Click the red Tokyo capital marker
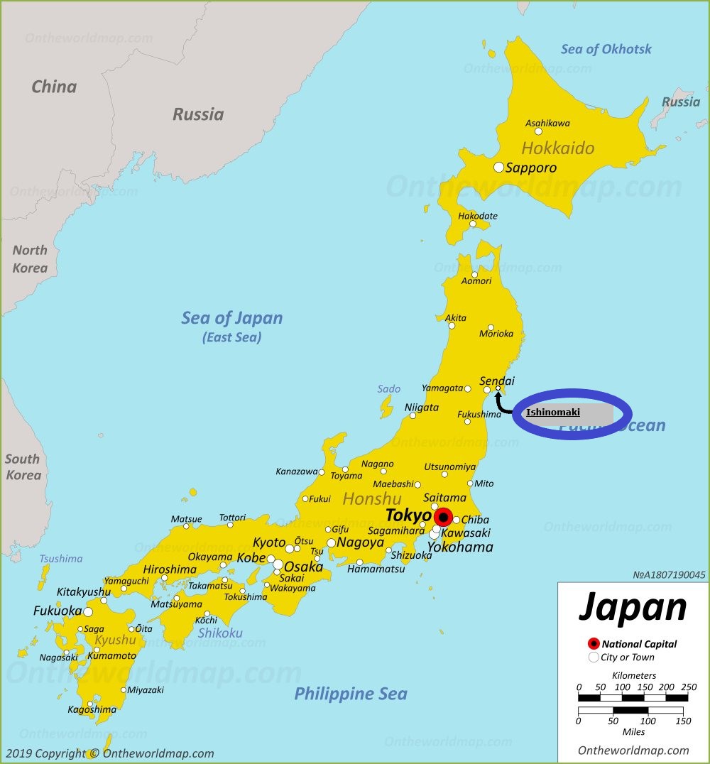coord(443,517)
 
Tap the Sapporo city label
coord(531,168)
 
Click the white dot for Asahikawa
coord(538,131)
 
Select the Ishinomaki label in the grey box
coord(553,412)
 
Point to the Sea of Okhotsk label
coord(606,49)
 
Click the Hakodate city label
coord(478,216)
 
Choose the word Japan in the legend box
coord(633,608)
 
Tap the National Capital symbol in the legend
coord(594,644)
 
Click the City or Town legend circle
coord(594,657)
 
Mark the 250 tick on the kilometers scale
coord(687,687)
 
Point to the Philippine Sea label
coord(351,694)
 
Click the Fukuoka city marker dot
coord(88,611)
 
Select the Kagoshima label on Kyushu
coord(92,709)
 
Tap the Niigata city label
coord(422,408)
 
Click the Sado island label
coord(389,389)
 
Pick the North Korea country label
coord(30,259)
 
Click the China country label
coord(54,87)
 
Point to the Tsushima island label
coord(61,559)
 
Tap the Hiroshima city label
coord(170,569)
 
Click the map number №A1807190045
coord(669,575)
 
